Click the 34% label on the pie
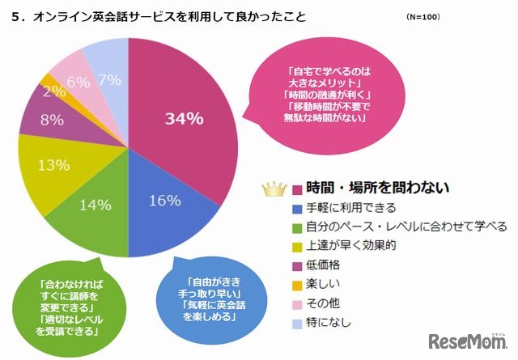[184, 119]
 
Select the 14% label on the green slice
[96, 205]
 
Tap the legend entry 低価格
[323, 263]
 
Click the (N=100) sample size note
[425, 17]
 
